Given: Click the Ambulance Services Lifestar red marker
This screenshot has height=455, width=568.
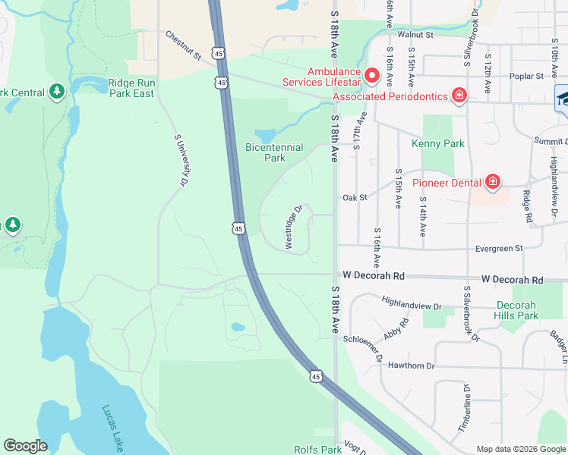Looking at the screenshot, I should pos(372,75).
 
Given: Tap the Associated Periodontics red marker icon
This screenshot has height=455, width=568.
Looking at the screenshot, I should pos(459,96).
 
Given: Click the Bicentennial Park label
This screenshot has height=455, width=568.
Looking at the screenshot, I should pos(274,152).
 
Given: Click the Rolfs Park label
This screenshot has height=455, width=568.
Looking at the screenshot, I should pos(317,450).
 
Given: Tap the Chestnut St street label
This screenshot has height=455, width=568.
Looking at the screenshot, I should pos(183,45).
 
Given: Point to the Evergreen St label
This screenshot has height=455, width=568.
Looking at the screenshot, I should pos(498,248).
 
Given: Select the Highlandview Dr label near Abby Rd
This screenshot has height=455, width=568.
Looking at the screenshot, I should pos(412,303).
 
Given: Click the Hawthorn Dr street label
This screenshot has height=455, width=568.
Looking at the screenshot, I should pos(410,366).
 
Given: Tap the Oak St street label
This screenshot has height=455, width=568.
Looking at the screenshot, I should pos(355,197).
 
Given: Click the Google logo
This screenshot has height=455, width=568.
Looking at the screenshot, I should pos(26,446).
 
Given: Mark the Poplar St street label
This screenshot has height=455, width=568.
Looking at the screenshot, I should pos(529,77).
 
